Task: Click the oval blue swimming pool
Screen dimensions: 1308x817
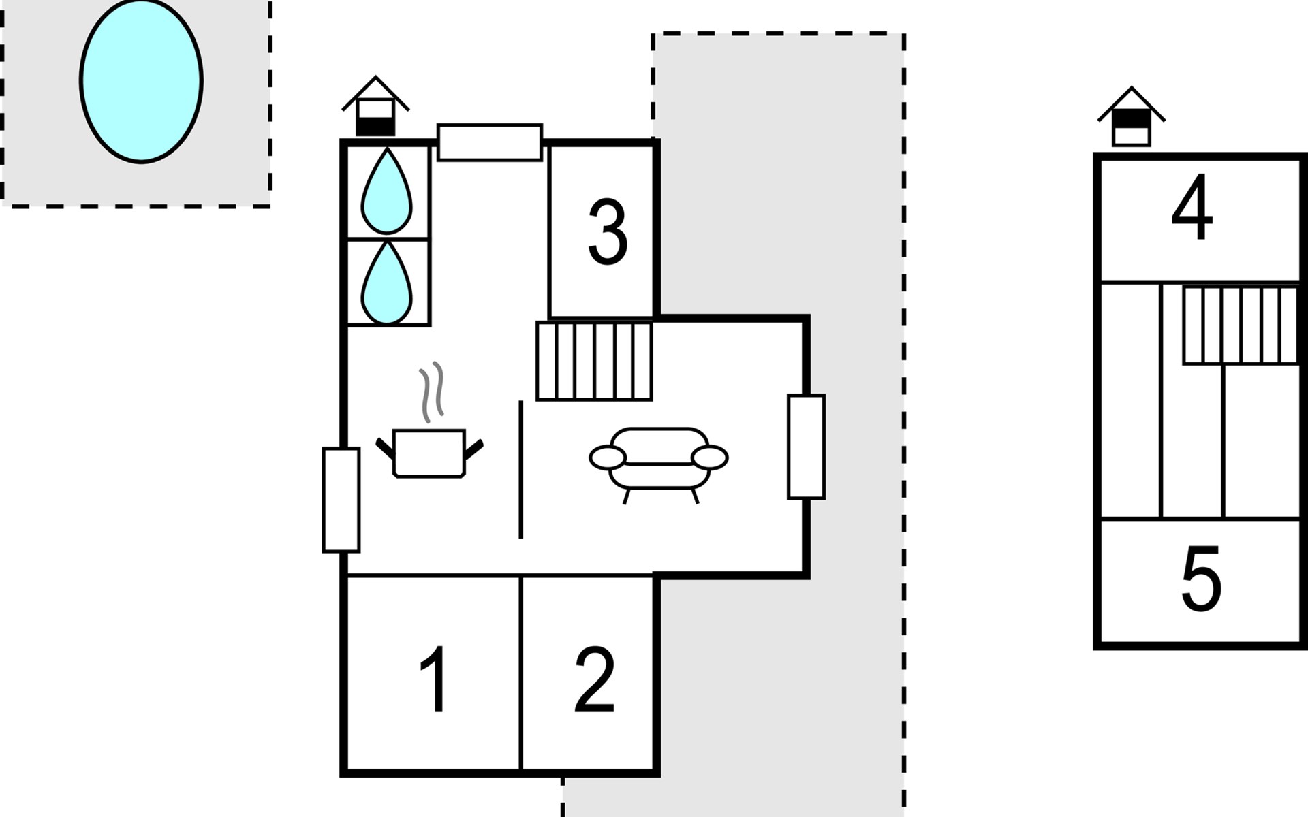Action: click(141, 80)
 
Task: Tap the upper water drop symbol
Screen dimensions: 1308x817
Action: click(386, 193)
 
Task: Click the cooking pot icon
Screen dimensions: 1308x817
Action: click(430, 453)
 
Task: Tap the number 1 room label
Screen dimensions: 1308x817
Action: click(434, 679)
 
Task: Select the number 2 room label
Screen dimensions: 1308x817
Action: click(595, 679)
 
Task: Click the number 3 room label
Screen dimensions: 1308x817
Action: click(607, 232)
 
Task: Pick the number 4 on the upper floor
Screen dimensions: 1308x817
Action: click(1192, 207)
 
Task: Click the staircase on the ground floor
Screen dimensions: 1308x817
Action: click(594, 361)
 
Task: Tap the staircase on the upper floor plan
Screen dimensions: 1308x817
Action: click(1241, 325)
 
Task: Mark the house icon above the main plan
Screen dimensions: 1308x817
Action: click(375, 106)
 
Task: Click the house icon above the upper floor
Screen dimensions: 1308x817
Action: click(1132, 116)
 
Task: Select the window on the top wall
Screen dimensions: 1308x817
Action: click(490, 142)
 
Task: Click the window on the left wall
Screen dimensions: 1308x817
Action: click(341, 500)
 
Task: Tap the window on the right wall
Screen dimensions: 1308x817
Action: click(807, 447)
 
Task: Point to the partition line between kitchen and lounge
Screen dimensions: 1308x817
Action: click(521, 470)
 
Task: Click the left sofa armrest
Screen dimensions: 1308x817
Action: click(608, 458)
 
